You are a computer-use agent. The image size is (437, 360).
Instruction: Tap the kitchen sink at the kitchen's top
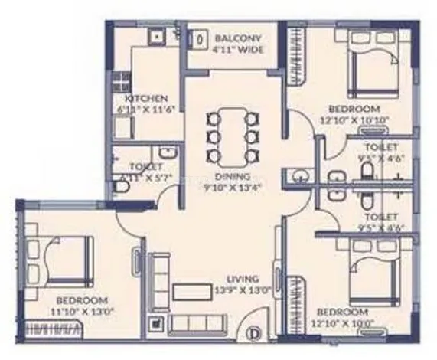(x=158, y=35)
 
